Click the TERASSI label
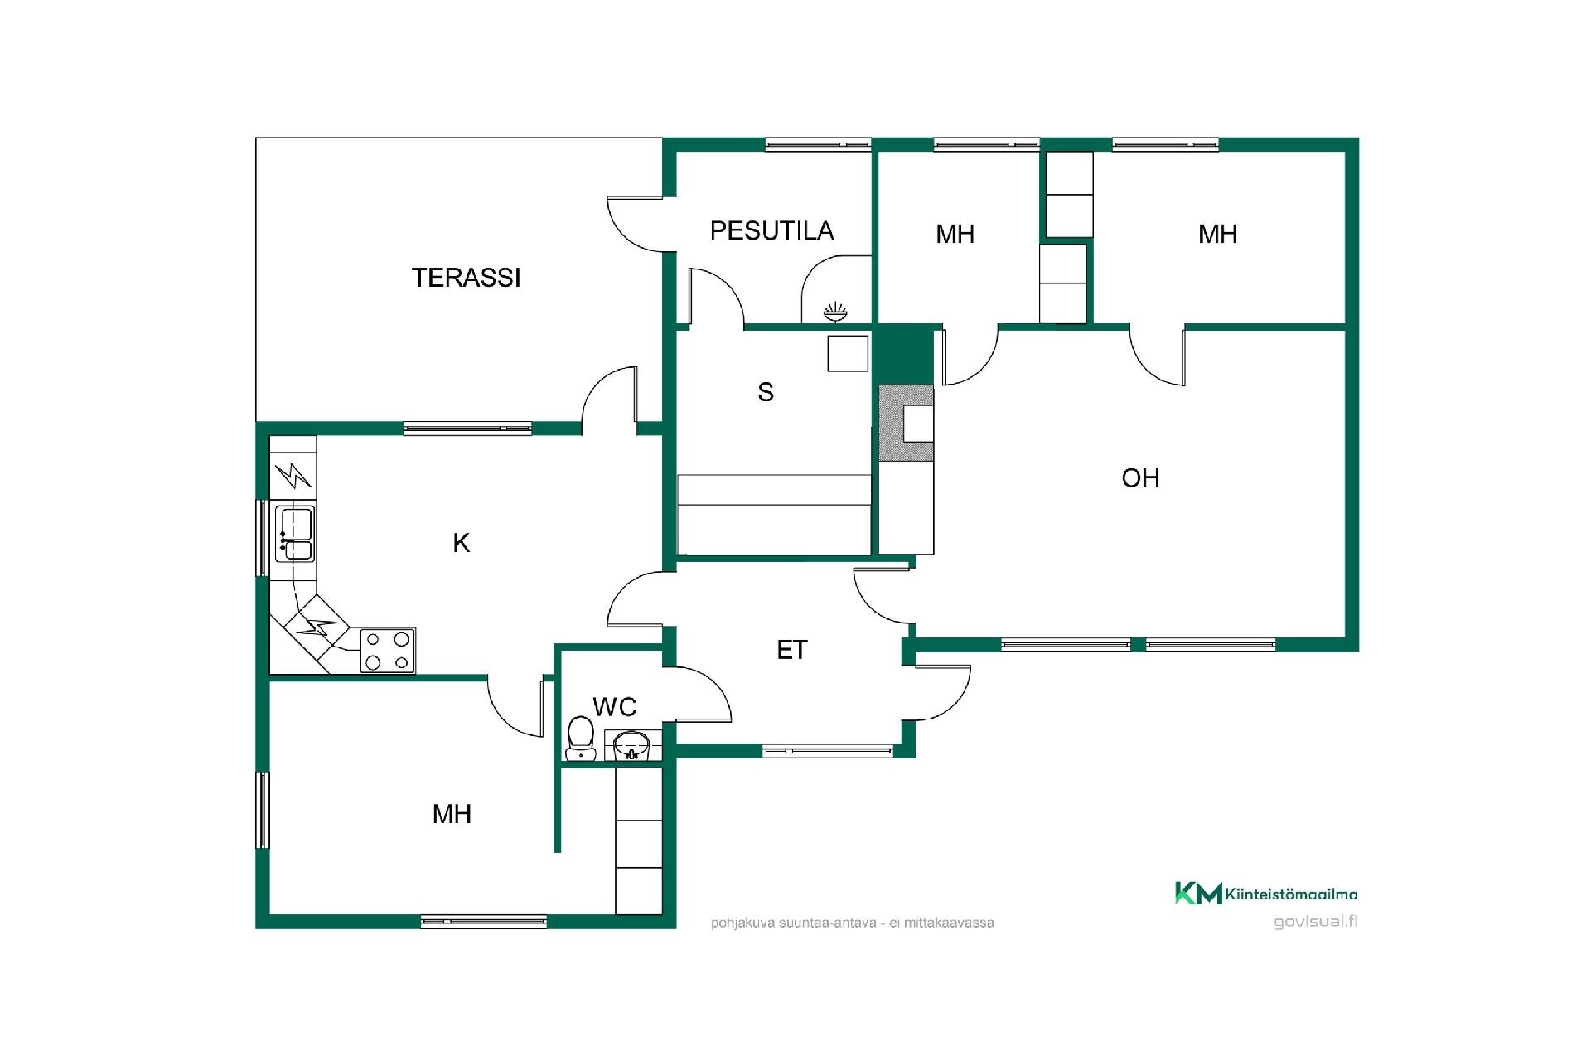pos(466,278)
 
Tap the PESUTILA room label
pos(771,230)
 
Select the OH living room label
pos(1140,477)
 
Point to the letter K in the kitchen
pos(462,543)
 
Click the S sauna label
pos(766,392)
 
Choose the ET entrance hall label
pos(792,650)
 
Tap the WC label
pos(615,707)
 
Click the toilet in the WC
pos(580,738)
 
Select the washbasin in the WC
pos(633,744)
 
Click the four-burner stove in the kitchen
pos(388,651)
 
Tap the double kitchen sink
pos(295,533)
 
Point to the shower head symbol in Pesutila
pos(835,312)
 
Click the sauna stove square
pos(848,354)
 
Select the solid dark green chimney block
pos(906,355)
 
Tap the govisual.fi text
pos(1316,922)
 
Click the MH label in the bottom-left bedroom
pos(452,814)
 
